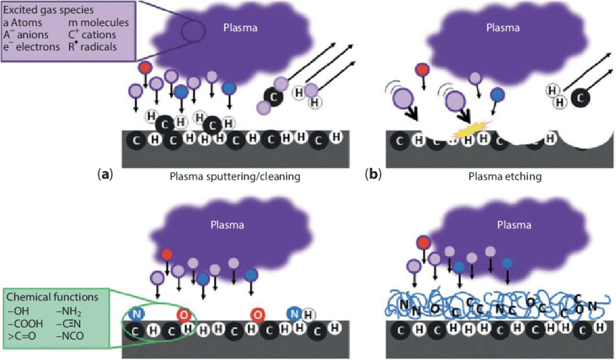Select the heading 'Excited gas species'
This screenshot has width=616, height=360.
pos(46,10)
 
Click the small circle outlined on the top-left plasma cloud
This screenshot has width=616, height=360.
pos(192,31)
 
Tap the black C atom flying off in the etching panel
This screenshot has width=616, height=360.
pos(579,96)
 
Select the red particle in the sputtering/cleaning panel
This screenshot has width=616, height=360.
pos(145,67)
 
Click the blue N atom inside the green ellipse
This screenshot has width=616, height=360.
pos(137,314)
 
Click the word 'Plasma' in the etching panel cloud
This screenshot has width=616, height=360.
pos(503,28)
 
